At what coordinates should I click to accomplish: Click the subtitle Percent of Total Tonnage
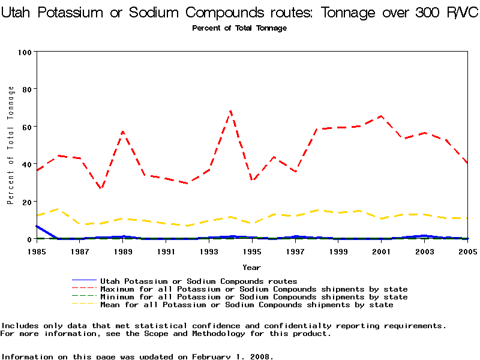[239, 28]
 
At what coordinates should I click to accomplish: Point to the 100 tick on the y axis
[25, 52]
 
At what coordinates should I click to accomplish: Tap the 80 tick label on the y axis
[26, 89]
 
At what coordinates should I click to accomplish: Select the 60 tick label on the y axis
[26, 127]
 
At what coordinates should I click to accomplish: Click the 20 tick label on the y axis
[26, 202]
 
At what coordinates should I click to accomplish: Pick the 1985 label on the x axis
[37, 251]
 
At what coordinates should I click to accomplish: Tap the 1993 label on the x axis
[209, 251]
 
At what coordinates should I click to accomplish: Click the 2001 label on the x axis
[381, 251]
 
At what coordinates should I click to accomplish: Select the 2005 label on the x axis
[467, 251]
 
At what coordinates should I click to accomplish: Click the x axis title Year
[251, 267]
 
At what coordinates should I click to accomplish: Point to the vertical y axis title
[11, 145]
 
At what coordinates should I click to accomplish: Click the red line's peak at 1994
[230, 111]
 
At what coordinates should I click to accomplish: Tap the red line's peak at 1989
[123, 131]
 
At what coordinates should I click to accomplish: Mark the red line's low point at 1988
[101, 189]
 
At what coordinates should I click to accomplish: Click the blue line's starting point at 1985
[37, 226]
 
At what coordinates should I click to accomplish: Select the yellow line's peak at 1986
[58, 209]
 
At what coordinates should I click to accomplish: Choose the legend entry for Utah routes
[198, 281]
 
